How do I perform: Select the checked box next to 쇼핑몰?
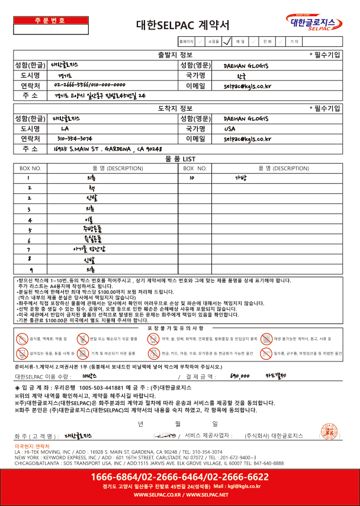point(226,42)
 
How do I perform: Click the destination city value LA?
point(65,128)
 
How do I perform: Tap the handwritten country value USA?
point(230,128)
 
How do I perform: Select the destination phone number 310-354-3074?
point(75,139)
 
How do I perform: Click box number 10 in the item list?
point(192,177)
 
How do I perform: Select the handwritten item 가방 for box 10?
point(240,177)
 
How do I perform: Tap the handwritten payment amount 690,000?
point(240,376)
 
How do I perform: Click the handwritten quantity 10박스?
point(90,376)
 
